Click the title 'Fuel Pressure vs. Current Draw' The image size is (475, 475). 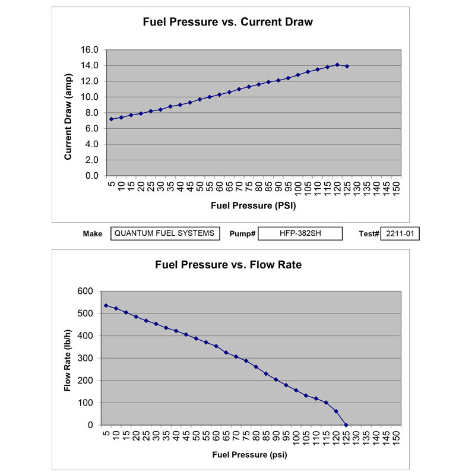coord(227,23)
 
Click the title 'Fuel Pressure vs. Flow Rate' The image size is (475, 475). coord(228,265)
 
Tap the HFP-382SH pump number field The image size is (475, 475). coord(300,233)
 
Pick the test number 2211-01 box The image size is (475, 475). coord(400,233)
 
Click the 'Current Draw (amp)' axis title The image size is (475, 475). coord(68,113)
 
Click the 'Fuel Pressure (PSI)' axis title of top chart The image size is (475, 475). coord(253,207)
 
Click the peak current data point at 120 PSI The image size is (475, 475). coord(337,65)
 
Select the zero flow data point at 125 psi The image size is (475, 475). coord(346,425)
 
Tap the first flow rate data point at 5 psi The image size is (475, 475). coord(106,306)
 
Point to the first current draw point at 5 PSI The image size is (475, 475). coord(111,119)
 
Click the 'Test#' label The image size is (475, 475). coord(368,234)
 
